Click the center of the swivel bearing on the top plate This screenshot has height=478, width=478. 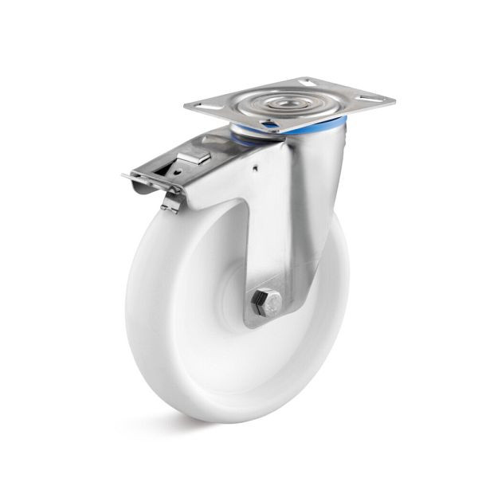click(284, 101)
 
